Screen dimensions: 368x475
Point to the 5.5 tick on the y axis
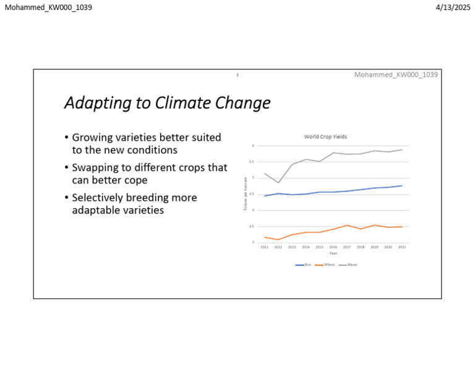tap(252, 162)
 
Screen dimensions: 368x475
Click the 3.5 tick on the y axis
tap(252, 226)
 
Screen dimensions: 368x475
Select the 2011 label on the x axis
tap(264, 247)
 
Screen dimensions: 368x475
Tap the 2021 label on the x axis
tap(402, 247)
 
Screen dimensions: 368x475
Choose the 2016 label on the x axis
tap(333, 247)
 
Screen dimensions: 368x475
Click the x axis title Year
tap(333, 253)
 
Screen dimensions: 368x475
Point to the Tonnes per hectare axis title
tap(246, 193)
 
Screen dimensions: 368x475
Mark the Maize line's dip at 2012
tap(278, 182)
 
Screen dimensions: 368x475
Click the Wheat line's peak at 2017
tap(347, 226)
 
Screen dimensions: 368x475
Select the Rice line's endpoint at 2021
tap(402, 186)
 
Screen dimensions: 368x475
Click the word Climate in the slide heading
tap(184, 103)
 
